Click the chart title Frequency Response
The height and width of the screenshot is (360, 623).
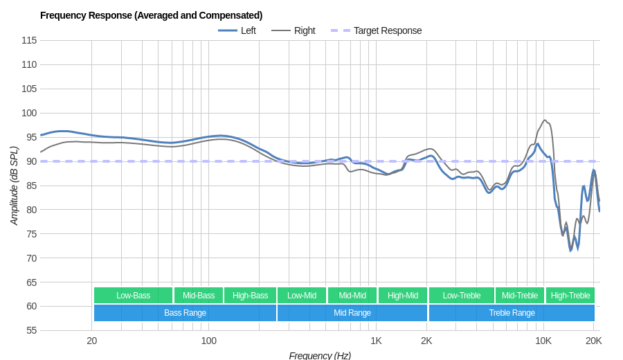(151, 15)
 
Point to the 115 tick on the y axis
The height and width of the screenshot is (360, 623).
(29, 40)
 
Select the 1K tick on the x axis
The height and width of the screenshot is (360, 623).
(376, 341)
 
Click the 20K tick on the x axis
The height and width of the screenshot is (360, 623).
(593, 341)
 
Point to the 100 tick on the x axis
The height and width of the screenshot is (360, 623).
(208, 341)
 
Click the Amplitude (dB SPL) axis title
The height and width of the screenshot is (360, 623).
(14, 186)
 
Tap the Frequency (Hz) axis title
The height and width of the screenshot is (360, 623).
(320, 355)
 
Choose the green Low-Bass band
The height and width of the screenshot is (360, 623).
(133, 296)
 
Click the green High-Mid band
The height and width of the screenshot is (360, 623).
(403, 296)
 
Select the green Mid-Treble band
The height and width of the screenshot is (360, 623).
(520, 296)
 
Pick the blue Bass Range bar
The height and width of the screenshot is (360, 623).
(185, 313)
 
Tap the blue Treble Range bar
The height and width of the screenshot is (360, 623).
(512, 313)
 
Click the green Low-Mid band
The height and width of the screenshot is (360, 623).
(302, 296)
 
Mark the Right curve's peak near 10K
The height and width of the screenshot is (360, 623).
(545, 120)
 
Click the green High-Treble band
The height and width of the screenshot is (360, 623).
(570, 296)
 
